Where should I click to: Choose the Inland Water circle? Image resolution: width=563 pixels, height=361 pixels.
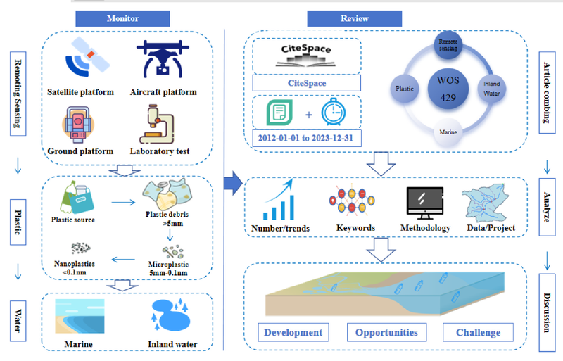(491, 87)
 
